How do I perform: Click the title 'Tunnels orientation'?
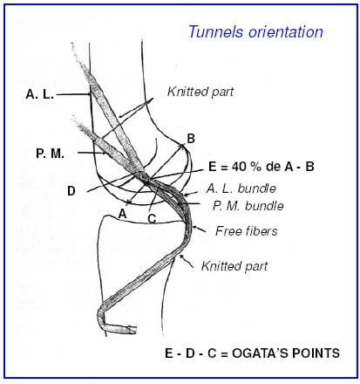(x=255, y=32)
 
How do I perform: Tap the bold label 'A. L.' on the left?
(x=40, y=94)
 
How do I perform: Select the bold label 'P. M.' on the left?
(x=50, y=154)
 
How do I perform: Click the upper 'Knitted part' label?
(x=200, y=92)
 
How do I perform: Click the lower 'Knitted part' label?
(x=234, y=266)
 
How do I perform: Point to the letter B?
(x=191, y=139)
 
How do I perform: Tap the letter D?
(x=71, y=191)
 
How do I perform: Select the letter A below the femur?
(x=123, y=214)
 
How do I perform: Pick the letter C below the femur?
(x=152, y=218)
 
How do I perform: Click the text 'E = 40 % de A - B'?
(x=262, y=167)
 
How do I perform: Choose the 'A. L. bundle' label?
(x=241, y=189)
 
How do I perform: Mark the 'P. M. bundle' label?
(x=248, y=206)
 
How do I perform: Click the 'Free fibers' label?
(x=247, y=231)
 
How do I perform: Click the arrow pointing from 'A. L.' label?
(x=72, y=94)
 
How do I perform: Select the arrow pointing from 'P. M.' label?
(x=92, y=153)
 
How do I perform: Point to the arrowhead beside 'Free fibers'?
(x=195, y=229)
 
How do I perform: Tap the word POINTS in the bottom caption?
(x=316, y=353)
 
